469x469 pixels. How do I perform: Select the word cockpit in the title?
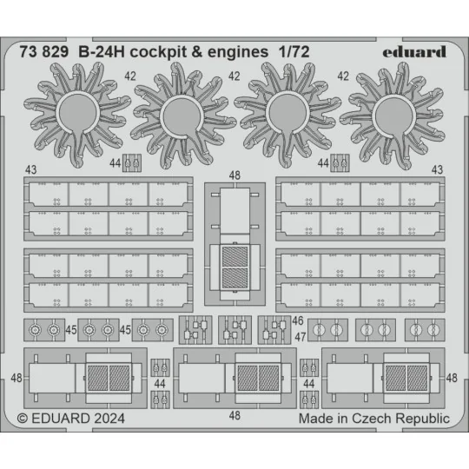(169, 51)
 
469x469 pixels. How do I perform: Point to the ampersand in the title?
(212, 51)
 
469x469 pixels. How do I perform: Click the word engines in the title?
(253, 51)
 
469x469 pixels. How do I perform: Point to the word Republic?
(422, 418)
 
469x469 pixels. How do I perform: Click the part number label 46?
(297, 321)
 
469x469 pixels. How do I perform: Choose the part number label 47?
(297, 336)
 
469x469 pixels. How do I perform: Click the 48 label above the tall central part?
(234, 175)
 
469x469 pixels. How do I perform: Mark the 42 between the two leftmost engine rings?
(129, 76)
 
